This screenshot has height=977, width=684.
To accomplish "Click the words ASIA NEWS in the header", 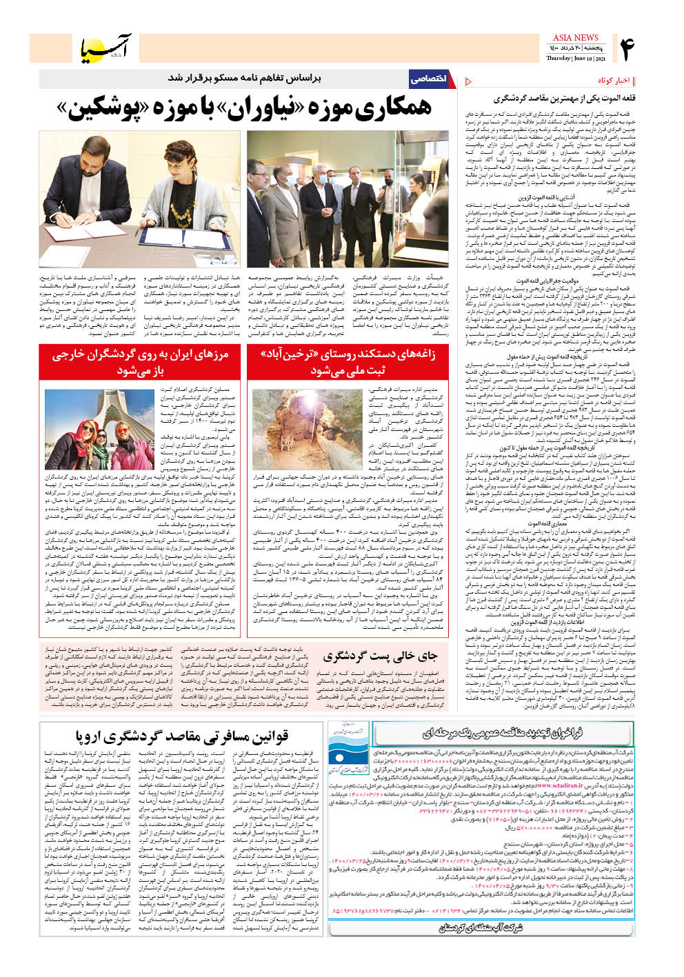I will click(575, 38).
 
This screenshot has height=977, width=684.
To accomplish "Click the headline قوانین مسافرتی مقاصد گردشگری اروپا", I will click(181, 736).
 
